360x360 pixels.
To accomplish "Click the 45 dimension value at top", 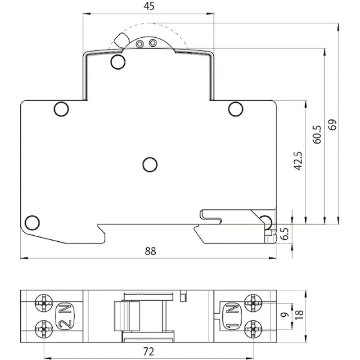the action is [x=149, y=6].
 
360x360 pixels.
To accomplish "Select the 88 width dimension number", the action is [x=150, y=251].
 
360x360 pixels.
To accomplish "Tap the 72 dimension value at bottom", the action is [x=148, y=351].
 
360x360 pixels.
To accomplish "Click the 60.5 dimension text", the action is [x=317, y=135].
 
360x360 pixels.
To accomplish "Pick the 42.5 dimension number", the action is [x=298, y=161].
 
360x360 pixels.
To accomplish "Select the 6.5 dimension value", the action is [x=285, y=234].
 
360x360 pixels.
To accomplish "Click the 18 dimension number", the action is [x=299, y=314].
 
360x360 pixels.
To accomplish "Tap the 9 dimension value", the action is [x=285, y=315].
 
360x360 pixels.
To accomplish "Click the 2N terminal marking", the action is [x=65, y=316].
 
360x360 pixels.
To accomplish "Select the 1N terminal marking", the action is [x=232, y=316].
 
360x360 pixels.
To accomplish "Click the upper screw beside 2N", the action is [x=44, y=303].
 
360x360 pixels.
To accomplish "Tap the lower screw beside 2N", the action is [x=44, y=329].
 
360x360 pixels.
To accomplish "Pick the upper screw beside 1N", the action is [x=253, y=303].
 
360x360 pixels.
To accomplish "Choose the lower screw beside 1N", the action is [x=253, y=329].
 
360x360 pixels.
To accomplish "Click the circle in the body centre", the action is [x=150, y=165].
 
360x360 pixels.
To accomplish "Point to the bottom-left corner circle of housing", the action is [x=32, y=223].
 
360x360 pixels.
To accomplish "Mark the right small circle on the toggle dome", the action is [x=153, y=43].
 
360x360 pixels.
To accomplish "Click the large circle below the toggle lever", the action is [x=118, y=62].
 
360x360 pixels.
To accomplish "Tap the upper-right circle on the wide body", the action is [x=236, y=109].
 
